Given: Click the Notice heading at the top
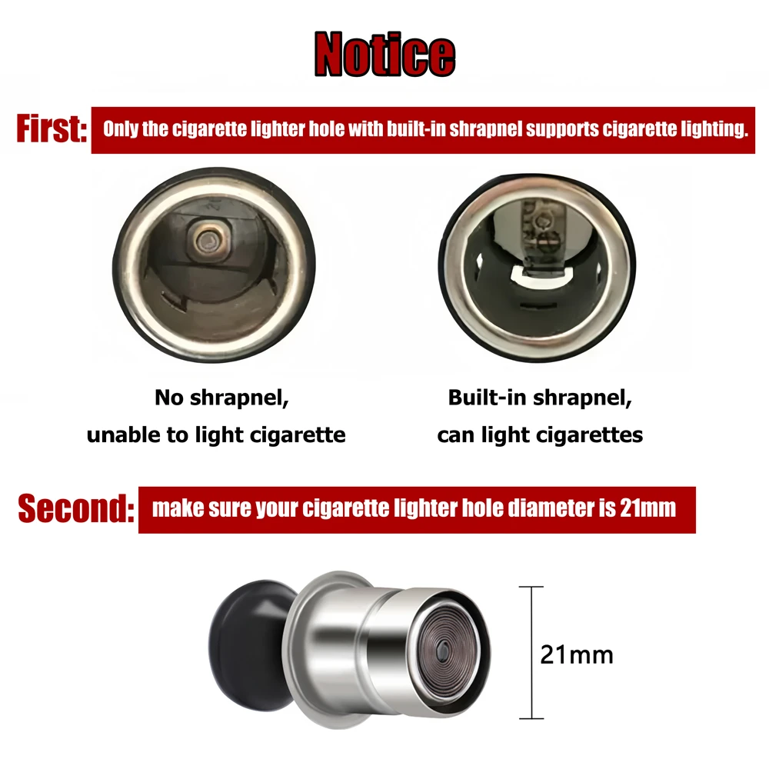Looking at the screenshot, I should coord(384,54).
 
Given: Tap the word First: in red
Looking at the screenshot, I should coord(51,129).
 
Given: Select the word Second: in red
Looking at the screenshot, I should coord(75,509).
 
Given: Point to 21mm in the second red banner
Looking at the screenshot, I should coord(647,508).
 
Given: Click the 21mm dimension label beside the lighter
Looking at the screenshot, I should coord(577,655).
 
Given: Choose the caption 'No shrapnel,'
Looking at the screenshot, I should coord(216,398).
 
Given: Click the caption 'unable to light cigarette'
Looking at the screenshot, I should coord(216,434).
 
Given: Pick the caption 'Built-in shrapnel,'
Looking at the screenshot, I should coord(540,398).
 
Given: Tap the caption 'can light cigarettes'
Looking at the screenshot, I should coord(540,434).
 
